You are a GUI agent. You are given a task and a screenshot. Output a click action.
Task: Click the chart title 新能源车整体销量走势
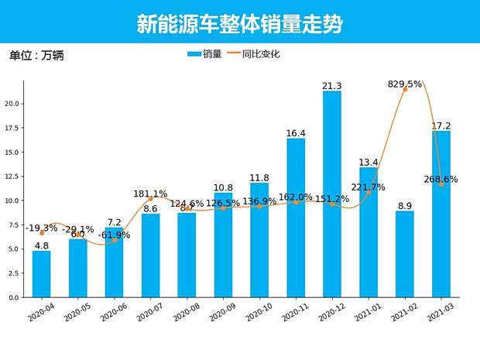pos(239,24)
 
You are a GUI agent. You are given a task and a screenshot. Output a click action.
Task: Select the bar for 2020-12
pos(332,194)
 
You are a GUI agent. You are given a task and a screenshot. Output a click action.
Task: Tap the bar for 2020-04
pos(42,274)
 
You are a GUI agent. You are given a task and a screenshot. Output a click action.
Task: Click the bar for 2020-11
pos(296,218)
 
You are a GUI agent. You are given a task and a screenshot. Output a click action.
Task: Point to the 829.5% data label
pos(405,84)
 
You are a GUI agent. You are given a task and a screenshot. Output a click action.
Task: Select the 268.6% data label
pos(441,179)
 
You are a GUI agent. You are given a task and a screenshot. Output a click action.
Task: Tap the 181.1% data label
pos(150,194)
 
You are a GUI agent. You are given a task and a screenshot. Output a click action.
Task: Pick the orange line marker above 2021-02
pos(405,89)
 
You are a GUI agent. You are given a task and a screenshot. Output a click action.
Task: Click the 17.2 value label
pos(441,125)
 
